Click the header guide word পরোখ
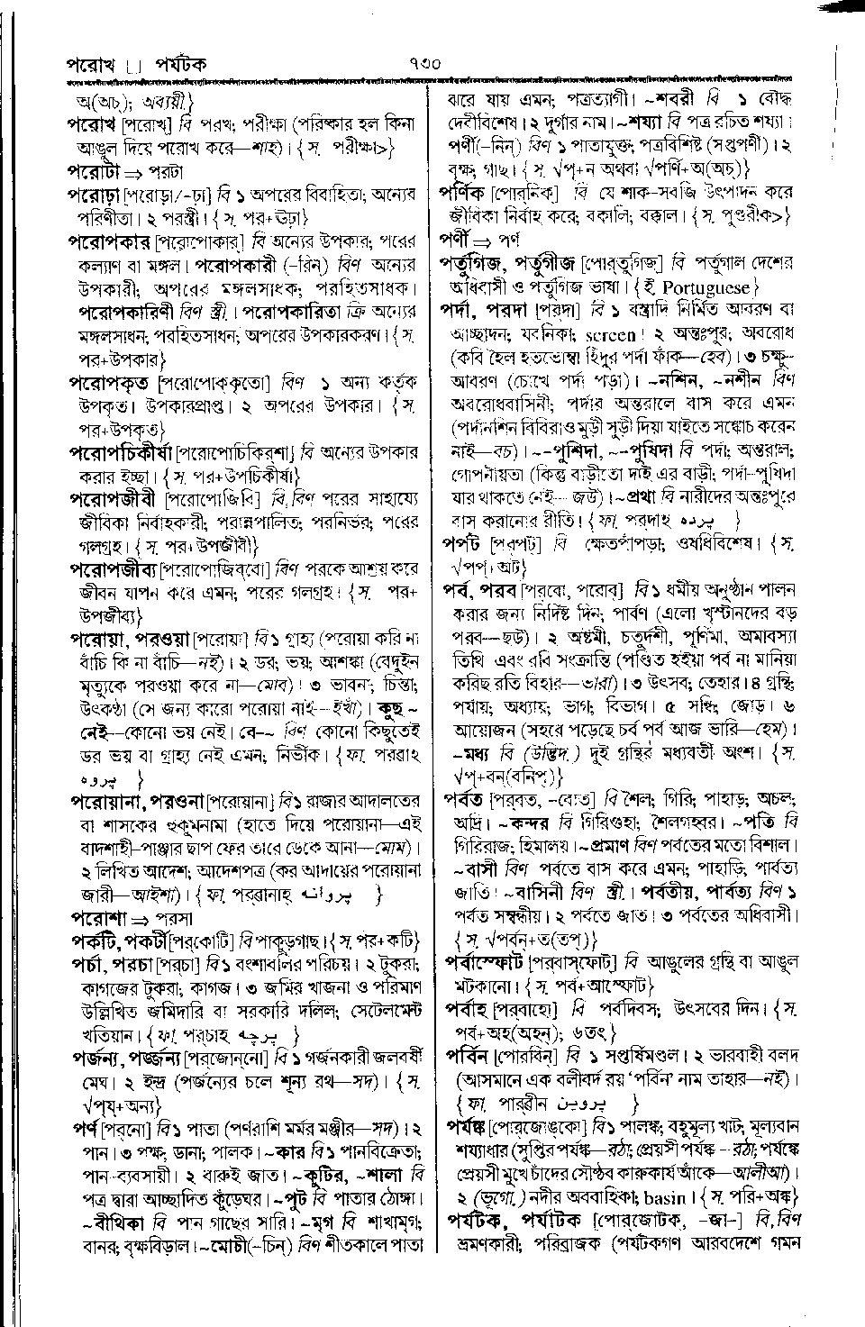89,65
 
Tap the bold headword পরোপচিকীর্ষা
122,451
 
